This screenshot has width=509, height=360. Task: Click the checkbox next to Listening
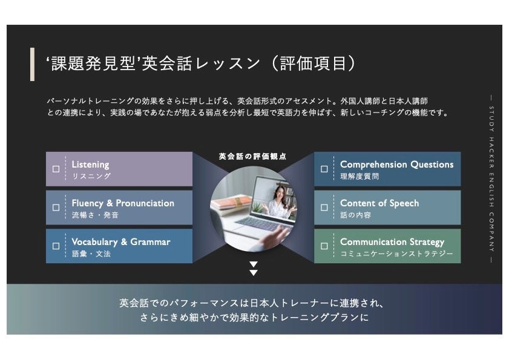click(56, 169)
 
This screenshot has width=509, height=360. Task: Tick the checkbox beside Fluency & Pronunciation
click(56, 208)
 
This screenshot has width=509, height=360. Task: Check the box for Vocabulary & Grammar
click(56, 246)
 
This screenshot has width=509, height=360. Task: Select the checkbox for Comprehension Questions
click(324, 169)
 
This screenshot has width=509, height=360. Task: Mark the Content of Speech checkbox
click(324, 208)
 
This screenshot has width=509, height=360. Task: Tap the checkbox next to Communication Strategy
click(324, 246)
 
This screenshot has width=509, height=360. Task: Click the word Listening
click(90, 165)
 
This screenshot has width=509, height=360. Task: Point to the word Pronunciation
click(145, 203)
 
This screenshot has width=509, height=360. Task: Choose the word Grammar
click(151, 242)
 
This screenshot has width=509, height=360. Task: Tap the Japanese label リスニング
click(91, 176)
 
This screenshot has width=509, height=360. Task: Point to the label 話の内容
click(356, 215)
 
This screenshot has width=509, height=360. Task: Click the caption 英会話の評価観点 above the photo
click(253, 156)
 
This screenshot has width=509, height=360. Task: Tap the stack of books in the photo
click(231, 203)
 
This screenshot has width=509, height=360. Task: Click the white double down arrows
click(254, 269)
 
